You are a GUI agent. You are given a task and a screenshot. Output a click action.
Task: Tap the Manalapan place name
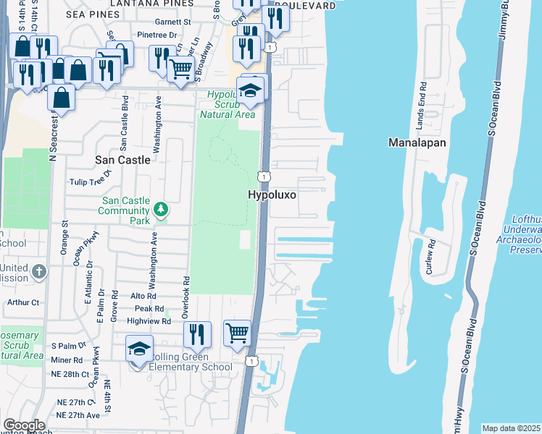(417, 142)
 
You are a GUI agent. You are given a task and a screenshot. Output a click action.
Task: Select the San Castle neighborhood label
(123, 159)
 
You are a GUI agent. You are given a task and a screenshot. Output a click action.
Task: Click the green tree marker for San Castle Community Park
(161, 210)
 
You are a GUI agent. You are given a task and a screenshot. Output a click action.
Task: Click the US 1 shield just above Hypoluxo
(264, 176)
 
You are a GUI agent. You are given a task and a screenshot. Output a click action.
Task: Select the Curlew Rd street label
(430, 256)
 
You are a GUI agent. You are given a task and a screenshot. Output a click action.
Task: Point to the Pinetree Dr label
(157, 35)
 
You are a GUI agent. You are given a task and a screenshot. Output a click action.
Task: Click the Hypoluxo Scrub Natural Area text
(228, 104)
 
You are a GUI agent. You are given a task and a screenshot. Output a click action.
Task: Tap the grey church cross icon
(39, 273)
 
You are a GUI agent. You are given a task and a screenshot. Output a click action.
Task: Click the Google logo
(23, 425)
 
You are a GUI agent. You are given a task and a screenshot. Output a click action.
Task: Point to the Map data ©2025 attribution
(512, 428)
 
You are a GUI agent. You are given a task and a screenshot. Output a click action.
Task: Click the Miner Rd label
(67, 359)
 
